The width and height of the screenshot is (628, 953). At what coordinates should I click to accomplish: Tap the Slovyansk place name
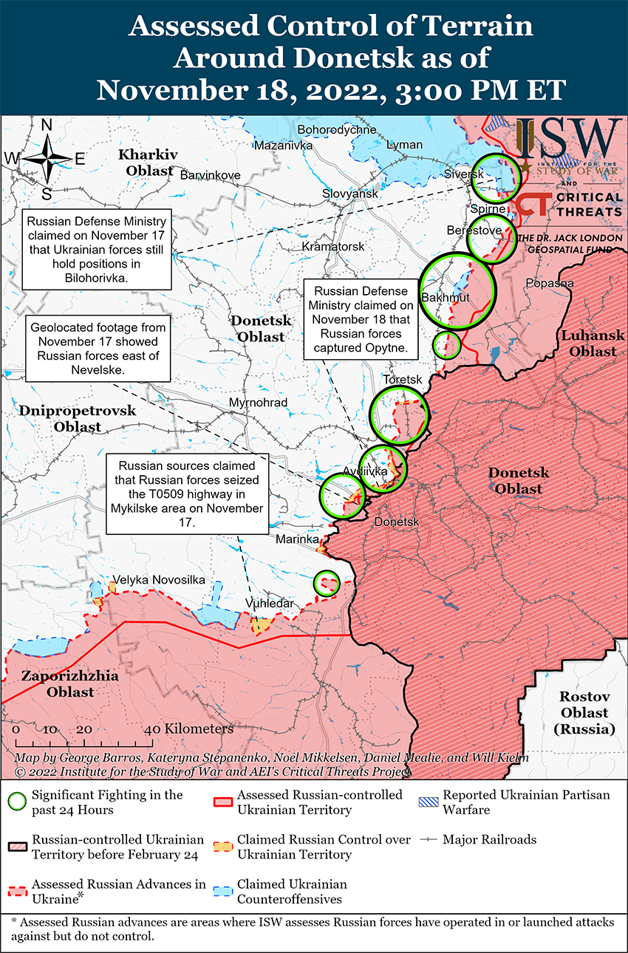[x=349, y=194]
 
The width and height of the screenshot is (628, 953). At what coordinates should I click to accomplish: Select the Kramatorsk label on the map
[x=333, y=246]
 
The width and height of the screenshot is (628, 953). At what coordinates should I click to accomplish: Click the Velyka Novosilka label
[x=158, y=580]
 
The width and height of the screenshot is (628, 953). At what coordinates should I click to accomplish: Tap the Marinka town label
[x=297, y=539]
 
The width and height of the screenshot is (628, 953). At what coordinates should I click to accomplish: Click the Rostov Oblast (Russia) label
[x=584, y=712]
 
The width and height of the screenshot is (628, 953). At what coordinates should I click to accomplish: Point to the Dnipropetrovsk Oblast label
[x=78, y=418]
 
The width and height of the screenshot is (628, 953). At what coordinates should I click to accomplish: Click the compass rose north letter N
[x=47, y=126]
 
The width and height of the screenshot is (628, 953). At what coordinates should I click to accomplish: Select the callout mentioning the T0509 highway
[x=187, y=493]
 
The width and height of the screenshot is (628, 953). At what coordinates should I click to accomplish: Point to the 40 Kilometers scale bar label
[x=191, y=728]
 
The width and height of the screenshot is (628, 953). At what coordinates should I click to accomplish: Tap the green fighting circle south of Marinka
[x=326, y=582]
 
